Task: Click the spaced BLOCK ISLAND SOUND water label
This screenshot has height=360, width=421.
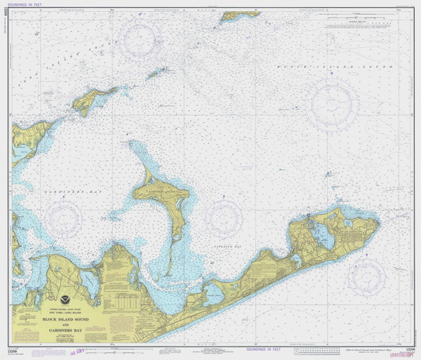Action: coord(330,65)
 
